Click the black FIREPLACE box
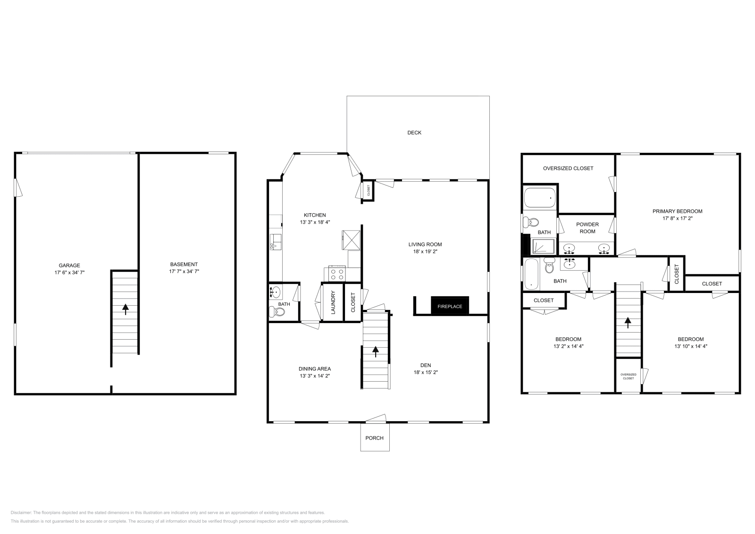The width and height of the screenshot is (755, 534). (450, 306)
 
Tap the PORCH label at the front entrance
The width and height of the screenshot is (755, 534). (375, 438)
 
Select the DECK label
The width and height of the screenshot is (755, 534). (414, 133)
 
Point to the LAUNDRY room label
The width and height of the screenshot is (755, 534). (333, 302)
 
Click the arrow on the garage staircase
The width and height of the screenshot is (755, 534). (126, 309)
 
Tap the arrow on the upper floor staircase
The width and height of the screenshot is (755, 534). (628, 322)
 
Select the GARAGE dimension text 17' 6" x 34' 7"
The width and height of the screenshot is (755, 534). (69, 272)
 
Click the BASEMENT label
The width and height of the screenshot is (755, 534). (184, 264)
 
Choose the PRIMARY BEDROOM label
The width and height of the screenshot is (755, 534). (677, 211)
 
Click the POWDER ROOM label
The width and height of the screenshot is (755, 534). (587, 228)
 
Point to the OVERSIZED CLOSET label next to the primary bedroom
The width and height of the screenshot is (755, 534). (568, 168)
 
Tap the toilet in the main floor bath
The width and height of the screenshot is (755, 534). (275, 311)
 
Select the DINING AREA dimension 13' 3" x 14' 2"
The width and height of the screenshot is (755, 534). (315, 376)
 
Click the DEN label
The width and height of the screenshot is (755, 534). (426, 365)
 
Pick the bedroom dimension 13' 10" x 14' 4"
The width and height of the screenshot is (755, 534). (690, 346)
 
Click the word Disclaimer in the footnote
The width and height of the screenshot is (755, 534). (21, 512)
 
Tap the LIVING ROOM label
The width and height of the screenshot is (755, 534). (425, 244)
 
